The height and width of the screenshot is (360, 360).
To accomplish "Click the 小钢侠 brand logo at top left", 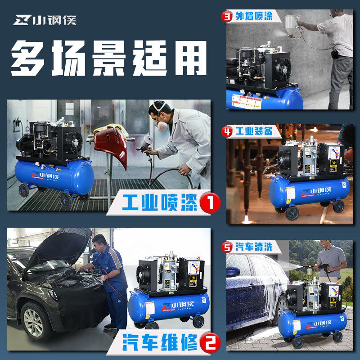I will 45,21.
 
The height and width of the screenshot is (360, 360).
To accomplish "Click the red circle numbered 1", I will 210,204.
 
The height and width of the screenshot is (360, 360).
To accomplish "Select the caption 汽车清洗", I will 254,247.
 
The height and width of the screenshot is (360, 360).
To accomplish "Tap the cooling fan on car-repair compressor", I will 146,274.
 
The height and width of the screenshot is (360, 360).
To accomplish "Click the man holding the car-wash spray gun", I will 331,261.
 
